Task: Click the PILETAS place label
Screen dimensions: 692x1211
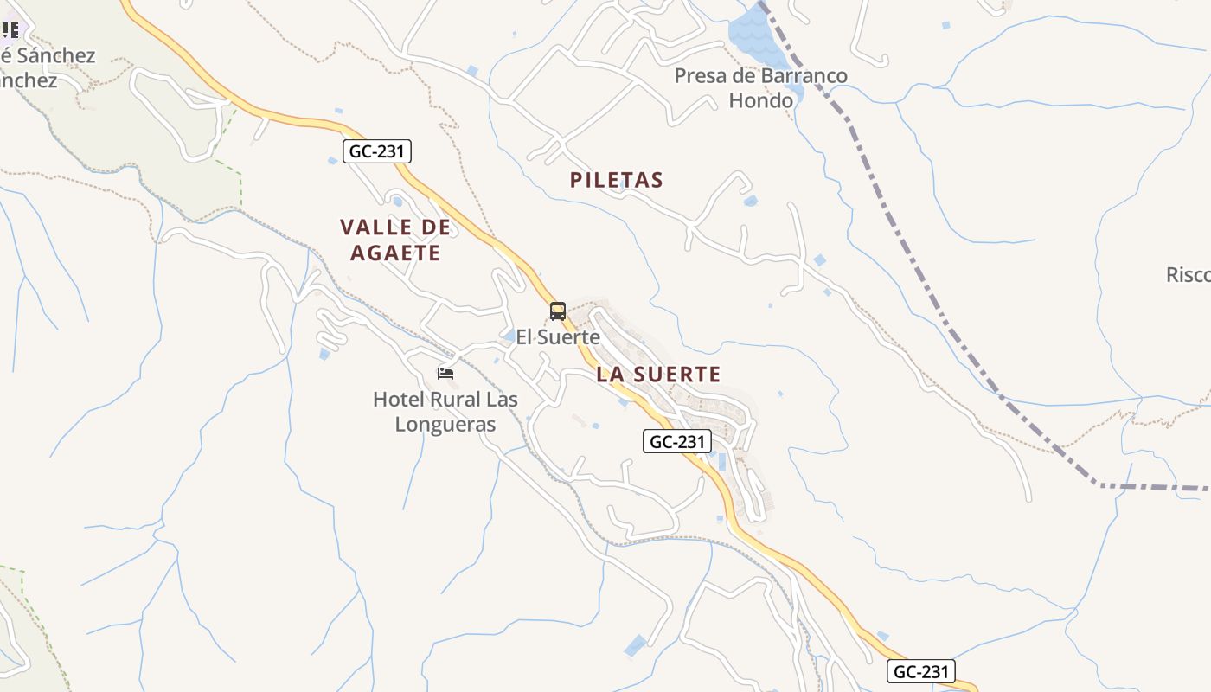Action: pyautogui.click(x=617, y=180)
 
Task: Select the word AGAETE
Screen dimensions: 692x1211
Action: pyautogui.click(x=395, y=253)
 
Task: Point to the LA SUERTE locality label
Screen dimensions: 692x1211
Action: pyautogui.click(x=658, y=374)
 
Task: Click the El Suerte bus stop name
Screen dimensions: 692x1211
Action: pyautogui.click(x=558, y=337)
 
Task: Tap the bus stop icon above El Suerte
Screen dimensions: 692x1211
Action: pyautogui.click(x=558, y=311)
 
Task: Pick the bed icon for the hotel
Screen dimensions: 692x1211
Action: pyautogui.click(x=445, y=374)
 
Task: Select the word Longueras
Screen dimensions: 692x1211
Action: pyautogui.click(x=445, y=424)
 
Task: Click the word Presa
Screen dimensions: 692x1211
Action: pyautogui.click(x=701, y=76)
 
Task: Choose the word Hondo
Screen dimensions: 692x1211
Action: pyautogui.click(x=761, y=100)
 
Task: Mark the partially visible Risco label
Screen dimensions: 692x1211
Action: pyautogui.click(x=1189, y=275)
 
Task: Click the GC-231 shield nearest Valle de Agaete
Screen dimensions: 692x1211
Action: pyautogui.click(x=376, y=151)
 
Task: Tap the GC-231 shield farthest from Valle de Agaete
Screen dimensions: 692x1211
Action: pyautogui.click(x=921, y=671)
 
